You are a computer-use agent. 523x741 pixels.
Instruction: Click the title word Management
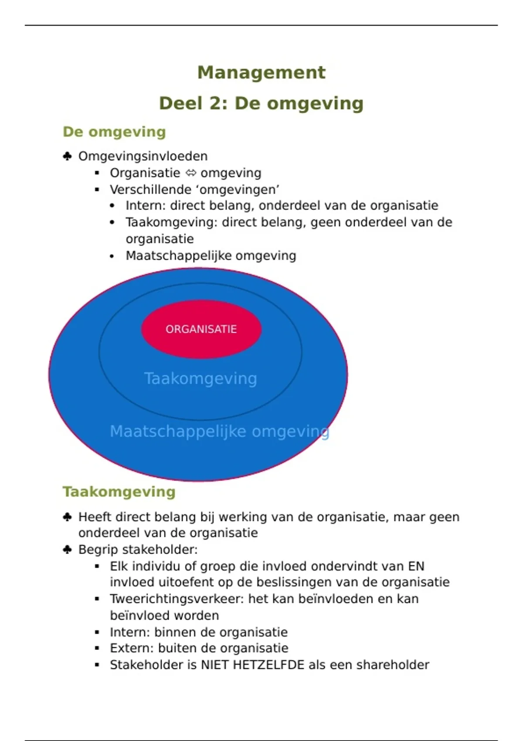[x=261, y=72]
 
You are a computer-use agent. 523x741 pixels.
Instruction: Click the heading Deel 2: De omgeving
[x=261, y=103]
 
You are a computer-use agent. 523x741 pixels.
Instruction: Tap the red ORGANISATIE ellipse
[x=201, y=329]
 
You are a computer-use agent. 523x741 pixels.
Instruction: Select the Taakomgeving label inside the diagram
[x=200, y=378]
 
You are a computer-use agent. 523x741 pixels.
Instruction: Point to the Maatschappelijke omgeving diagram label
[x=219, y=431]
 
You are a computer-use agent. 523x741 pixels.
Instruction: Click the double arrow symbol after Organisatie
[x=190, y=173]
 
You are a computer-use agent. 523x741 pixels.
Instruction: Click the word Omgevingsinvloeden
[x=143, y=156]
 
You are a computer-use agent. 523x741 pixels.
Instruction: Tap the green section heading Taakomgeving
[x=119, y=492]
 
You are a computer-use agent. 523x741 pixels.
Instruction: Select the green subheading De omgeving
[x=114, y=132]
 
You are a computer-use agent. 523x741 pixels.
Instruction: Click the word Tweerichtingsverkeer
[x=177, y=599]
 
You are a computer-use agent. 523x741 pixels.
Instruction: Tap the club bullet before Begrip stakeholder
[x=67, y=550]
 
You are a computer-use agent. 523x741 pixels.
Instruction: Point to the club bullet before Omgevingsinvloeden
[x=67, y=156]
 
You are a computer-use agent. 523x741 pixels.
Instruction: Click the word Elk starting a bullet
[x=119, y=566]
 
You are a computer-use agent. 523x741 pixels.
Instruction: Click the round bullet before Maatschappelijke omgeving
[x=112, y=256]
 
